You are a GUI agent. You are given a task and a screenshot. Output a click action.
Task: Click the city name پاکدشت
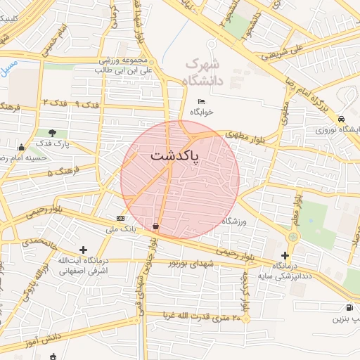(175, 155)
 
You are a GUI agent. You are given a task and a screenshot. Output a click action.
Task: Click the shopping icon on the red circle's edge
(155, 226)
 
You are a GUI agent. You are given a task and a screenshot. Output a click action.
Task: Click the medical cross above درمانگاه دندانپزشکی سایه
(285, 255)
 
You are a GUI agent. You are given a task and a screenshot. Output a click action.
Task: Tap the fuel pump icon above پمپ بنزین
(349, 307)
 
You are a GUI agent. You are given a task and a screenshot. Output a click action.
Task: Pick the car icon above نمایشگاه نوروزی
(341, 119)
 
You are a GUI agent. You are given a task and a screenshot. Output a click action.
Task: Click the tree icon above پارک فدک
(53, 132)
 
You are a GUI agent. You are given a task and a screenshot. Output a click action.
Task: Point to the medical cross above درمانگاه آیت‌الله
(84, 250)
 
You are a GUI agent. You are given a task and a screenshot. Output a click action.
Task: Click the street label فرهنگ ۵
(60, 172)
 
